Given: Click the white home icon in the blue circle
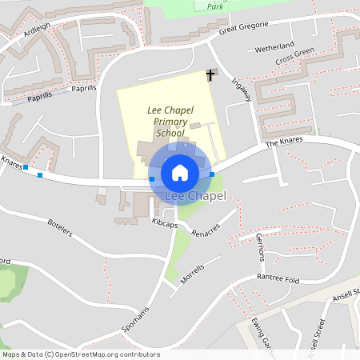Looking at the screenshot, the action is coord(180,172).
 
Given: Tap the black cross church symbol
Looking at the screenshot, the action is coord(211,75).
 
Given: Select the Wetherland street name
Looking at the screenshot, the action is coord(274,47).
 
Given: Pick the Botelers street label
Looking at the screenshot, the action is coord(60,227).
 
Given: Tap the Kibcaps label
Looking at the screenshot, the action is coord(164,225).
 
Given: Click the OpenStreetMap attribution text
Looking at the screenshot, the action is coord(82,354).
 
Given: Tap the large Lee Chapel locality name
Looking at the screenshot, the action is coord(195,196).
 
